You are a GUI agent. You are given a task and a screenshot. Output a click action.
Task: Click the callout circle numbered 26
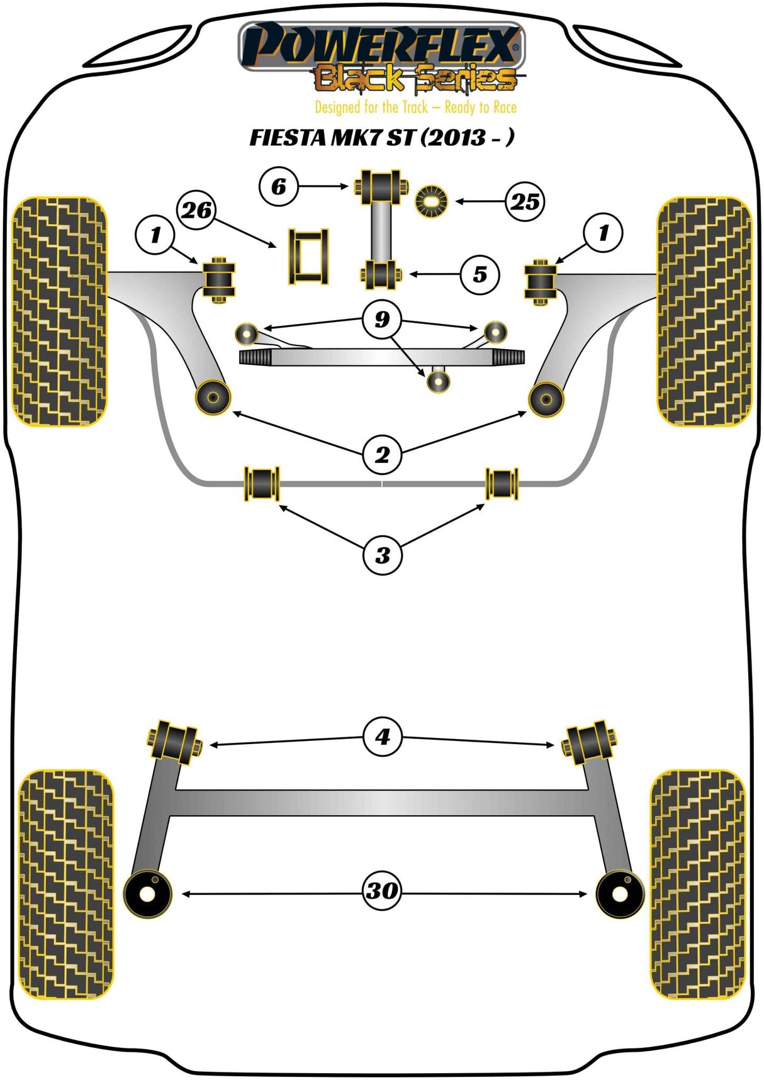point(197,209)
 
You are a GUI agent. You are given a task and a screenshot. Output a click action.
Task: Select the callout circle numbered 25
point(525,201)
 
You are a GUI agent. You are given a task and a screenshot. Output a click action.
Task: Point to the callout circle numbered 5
point(480,274)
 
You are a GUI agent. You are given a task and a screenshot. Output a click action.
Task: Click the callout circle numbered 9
point(382,320)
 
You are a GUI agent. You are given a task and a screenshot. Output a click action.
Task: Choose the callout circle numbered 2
point(382,454)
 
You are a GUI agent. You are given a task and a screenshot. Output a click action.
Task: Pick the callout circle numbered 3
point(382,555)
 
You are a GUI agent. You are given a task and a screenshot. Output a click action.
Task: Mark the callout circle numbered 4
point(382,736)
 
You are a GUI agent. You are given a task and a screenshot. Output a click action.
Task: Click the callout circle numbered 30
point(382,890)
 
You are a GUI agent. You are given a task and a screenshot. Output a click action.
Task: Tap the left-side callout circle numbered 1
point(155,235)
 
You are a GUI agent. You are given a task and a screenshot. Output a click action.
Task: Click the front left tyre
point(60,311)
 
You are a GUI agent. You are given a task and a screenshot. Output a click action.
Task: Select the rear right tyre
point(697,884)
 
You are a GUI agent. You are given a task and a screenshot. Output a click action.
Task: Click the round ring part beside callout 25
point(431,201)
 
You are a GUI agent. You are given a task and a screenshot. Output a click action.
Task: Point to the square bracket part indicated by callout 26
point(308,257)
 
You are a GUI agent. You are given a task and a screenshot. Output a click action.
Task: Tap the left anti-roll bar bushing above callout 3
point(261,483)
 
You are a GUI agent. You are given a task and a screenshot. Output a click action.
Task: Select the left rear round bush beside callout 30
point(148,894)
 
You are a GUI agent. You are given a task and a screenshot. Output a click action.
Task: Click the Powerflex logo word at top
point(381,45)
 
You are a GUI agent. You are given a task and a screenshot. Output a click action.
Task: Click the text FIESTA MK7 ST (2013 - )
point(381,137)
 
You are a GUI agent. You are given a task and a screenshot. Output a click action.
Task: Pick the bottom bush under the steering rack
point(438,381)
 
